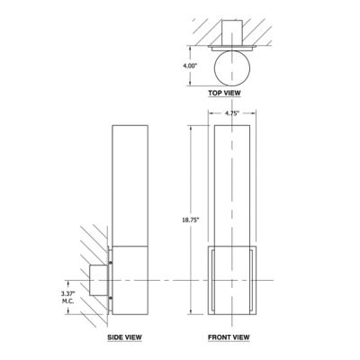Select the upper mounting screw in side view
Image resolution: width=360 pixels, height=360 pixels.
pyautogui.click(x=111, y=262)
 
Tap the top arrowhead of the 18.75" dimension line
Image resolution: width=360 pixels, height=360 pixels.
pyautogui.click(x=192, y=127)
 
